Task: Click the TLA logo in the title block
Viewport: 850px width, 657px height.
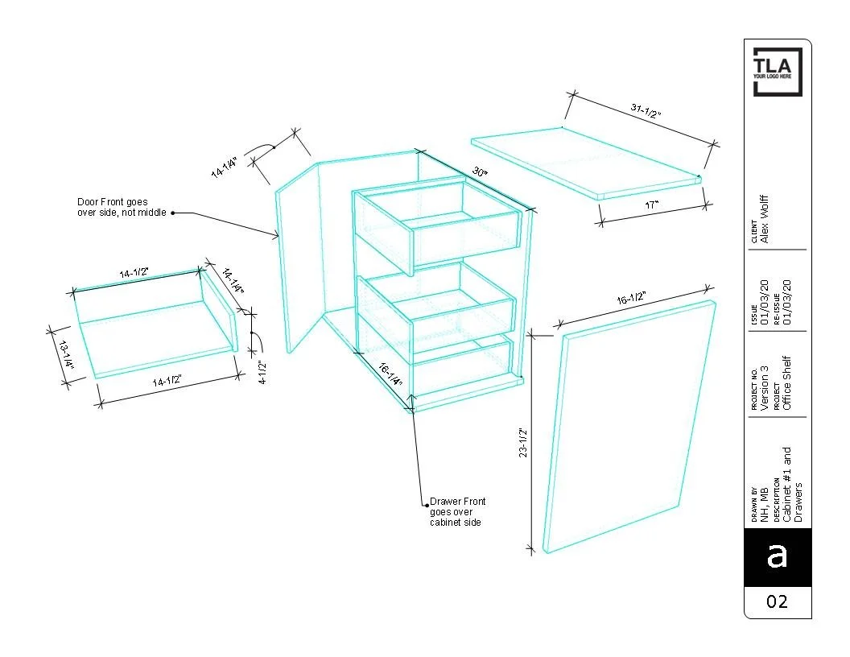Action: (778, 72)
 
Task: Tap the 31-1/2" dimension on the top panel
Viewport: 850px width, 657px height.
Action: (646, 110)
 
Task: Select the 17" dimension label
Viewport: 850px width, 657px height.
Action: (651, 205)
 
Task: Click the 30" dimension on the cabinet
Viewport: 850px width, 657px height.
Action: (480, 171)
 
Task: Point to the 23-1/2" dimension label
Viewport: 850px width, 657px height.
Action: (523, 443)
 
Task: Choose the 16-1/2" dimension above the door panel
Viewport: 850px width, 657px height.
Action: (631, 298)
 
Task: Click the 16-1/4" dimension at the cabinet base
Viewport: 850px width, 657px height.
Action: (390, 374)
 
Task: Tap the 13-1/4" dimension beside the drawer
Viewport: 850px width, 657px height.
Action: (66, 355)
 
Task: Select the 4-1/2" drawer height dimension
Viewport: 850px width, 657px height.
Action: (262, 373)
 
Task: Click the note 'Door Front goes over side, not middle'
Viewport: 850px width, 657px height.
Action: (122, 207)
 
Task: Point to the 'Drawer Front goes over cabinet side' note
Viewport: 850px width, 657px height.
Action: (457, 512)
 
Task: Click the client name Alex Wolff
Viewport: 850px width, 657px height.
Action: (765, 219)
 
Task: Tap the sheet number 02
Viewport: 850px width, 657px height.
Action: (777, 601)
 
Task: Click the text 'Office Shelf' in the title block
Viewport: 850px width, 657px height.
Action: (787, 382)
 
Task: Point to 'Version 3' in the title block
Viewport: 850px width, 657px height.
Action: (765, 387)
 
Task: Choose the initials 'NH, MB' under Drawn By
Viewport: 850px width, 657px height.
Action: (765, 505)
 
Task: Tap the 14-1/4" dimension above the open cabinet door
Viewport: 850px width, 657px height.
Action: (225, 167)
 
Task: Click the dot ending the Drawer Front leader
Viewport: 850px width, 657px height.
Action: (427, 505)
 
